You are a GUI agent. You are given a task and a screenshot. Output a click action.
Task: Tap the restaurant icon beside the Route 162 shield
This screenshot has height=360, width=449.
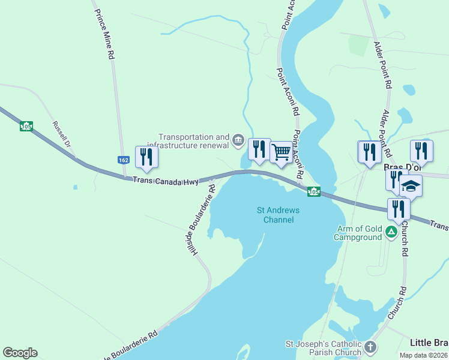pos(146,157)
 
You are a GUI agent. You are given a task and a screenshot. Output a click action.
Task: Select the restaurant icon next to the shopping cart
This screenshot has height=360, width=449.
pos(259,148)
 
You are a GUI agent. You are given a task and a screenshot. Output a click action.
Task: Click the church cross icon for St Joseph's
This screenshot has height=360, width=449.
pos(371,347)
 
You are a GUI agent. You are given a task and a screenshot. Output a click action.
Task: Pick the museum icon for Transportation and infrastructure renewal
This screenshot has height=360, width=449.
pos(238,142)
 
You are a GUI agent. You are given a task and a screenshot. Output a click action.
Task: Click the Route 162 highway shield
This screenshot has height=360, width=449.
pos(122,160)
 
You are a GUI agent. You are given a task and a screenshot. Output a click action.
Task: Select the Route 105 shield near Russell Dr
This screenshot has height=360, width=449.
pos(26,126)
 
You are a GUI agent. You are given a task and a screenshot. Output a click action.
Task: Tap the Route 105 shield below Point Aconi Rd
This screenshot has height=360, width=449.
pos(313,191)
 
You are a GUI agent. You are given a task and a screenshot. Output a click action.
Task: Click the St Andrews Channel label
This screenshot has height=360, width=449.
pos(278,215)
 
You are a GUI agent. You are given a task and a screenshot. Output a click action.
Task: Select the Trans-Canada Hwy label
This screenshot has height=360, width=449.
pos(166,180)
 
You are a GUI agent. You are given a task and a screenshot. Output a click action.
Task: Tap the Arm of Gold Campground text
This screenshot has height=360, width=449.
pos(359,232)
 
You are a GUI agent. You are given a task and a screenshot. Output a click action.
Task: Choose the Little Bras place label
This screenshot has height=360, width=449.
pos(429,343)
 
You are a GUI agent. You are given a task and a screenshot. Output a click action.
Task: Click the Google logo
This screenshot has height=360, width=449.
pos(20,353)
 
